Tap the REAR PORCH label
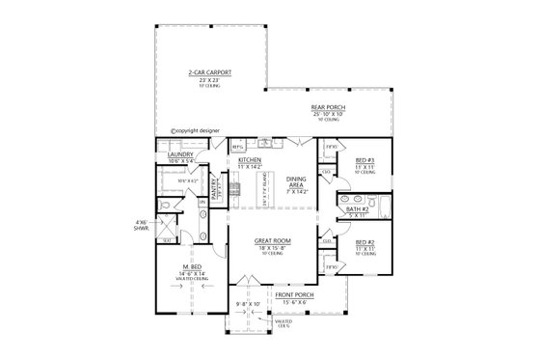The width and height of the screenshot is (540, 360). (x=327, y=106)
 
